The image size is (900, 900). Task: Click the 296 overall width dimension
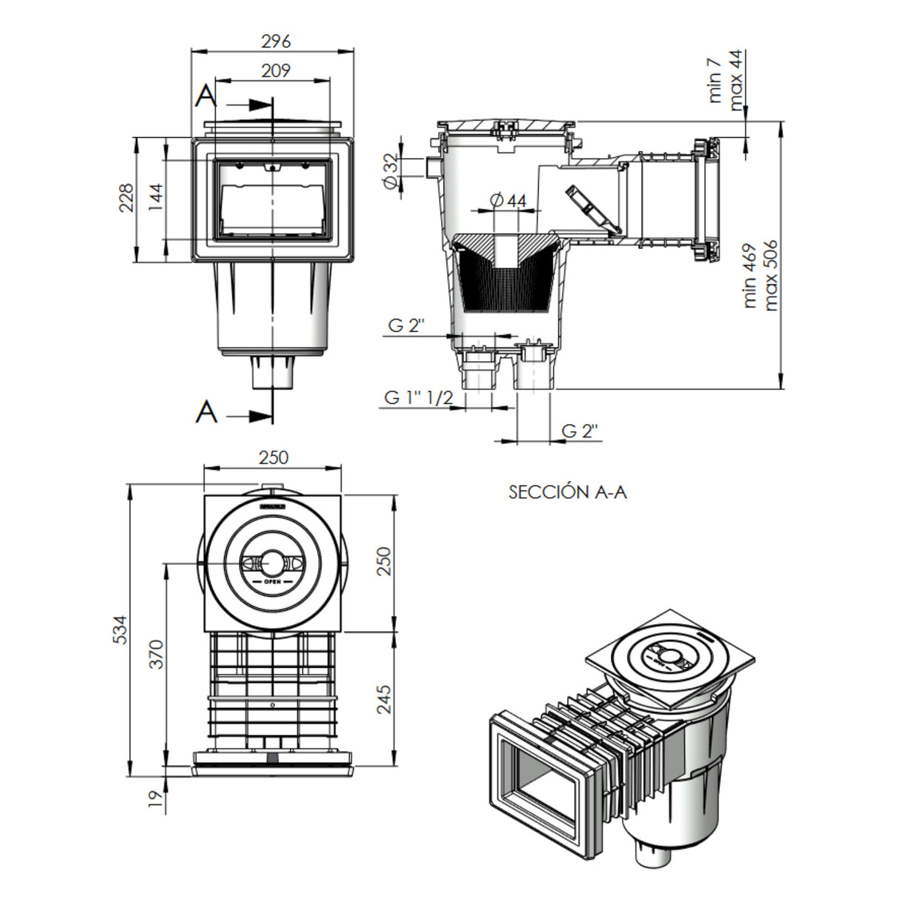click(x=276, y=41)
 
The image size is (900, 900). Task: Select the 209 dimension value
click(x=276, y=70)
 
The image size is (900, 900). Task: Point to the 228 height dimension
click(x=126, y=199)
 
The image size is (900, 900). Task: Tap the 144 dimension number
click(x=154, y=199)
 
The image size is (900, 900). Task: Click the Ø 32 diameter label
click(x=391, y=173)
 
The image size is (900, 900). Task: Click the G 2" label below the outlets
click(x=579, y=431)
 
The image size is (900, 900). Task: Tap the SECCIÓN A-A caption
click(x=567, y=492)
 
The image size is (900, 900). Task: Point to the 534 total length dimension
click(x=119, y=629)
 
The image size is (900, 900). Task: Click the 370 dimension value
click(x=156, y=654)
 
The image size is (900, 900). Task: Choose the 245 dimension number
click(x=383, y=698)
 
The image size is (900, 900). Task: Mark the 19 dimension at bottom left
click(x=155, y=799)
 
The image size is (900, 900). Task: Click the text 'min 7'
click(x=715, y=78)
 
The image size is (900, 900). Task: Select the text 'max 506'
click(x=770, y=274)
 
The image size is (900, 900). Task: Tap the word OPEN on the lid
click(x=273, y=582)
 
